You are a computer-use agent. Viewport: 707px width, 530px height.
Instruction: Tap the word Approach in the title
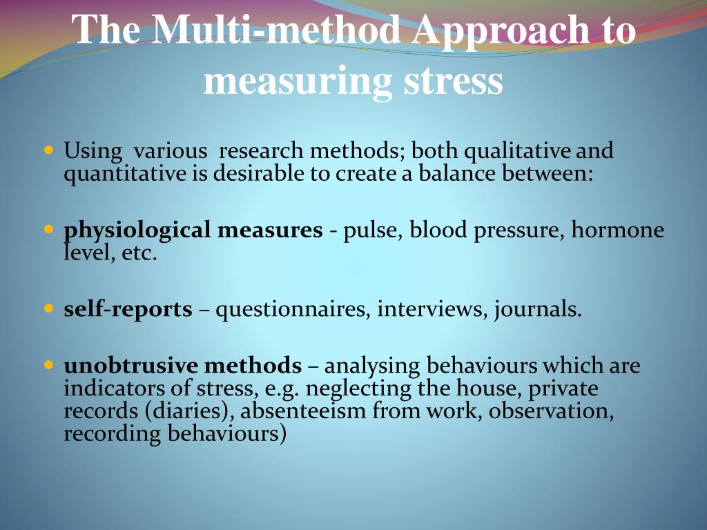point(493,30)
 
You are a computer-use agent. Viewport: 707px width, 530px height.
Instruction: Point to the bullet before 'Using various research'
point(48,149)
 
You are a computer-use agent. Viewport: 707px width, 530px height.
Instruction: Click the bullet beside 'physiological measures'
point(48,228)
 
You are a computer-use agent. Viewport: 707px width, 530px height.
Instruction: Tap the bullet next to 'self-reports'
point(48,308)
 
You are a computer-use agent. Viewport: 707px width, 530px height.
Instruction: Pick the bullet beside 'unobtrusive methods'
point(48,364)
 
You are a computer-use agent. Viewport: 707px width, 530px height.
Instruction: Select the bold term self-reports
point(128,309)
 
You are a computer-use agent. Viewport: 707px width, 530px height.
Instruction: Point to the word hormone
point(617,230)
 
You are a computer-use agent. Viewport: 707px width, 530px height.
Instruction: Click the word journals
point(537,309)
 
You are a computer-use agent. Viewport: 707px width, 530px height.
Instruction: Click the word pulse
point(373,230)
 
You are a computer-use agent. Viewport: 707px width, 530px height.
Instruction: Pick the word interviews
point(431,309)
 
